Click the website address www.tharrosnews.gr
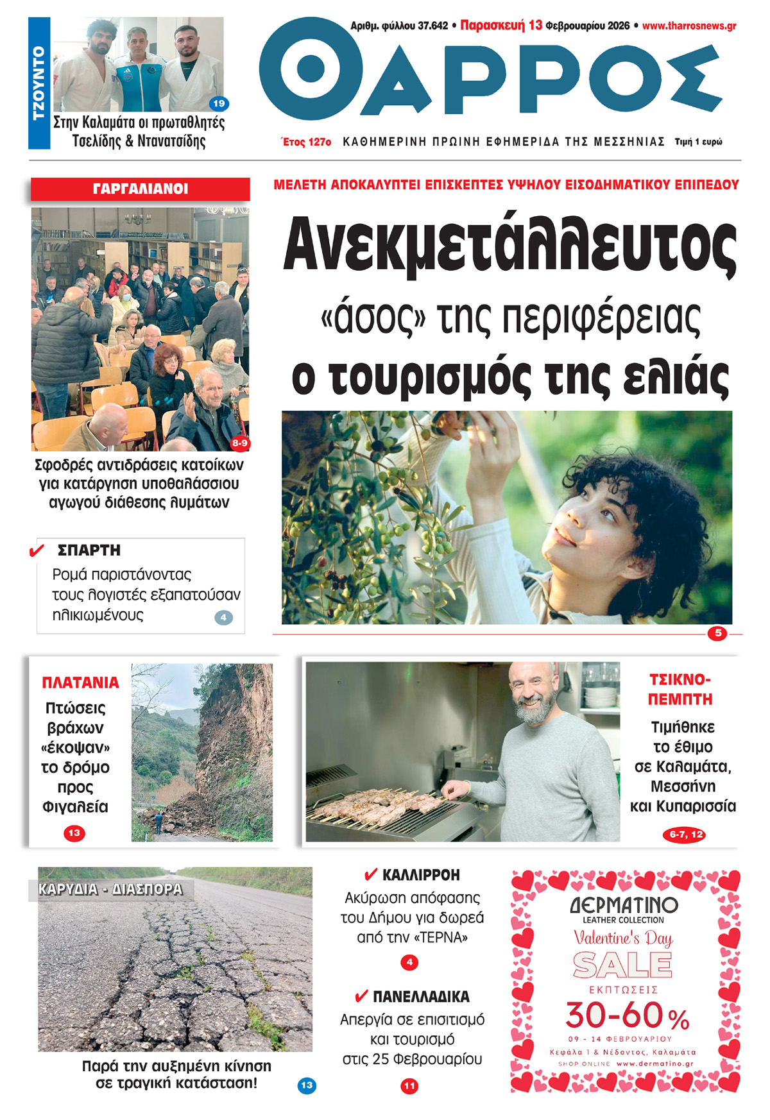click(x=689, y=26)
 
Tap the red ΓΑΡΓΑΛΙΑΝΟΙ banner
click(x=140, y=189)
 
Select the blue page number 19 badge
click(x=219, y=103)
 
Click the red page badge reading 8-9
click(x=240, y=443)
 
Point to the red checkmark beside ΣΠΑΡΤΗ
click(x=37, y=550)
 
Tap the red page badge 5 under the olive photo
click(x=718, y=633)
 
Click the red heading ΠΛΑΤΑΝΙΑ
click(x=80, y=683)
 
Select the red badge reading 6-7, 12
click(x=686, y=835)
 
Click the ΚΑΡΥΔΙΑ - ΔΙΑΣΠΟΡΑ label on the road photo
click(x=110, y=889)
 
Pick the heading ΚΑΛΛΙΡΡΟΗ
click(x=421, y=875)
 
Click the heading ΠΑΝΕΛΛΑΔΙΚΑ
click(x=421, y=997)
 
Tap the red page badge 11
click(x=409, y=1086)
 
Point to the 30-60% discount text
click(x=627, y=1015)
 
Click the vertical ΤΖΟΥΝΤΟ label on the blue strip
click(x=39, y=83)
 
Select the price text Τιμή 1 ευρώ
click(x=698, y=142)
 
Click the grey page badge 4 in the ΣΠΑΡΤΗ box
click(x=223, y=618)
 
